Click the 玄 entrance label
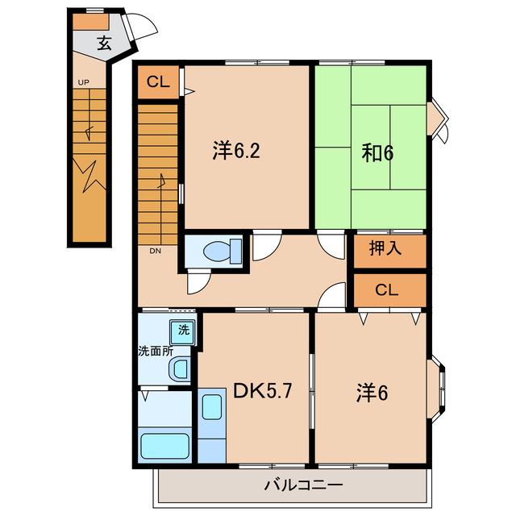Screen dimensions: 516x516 pyautogui.click(x=105, y=43)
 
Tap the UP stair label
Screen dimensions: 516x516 pyautogui.click(x=84, y=82)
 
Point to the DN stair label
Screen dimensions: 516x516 pyautogui.click(x=156, y=251)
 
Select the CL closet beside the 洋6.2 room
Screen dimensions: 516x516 pyautogui.click(x=158, y=82)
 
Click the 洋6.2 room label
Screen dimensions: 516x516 pyautogui.click(x=236, y=151)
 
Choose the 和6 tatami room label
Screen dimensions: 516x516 pyautogui.click(x=377, y=153)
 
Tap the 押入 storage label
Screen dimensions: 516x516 pyautogui.click(x=385, y=248)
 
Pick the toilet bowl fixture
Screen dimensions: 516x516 pyautogui.click(x=223, y=252)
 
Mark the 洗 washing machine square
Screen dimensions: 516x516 pyautogui.click(x=183, y=332)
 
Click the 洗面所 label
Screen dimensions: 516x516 pyautogui.click(x=156, y=352)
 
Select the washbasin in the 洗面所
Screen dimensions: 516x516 pyautogui.click(x=179, y=368)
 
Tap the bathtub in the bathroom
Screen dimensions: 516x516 pyautogui.click(x=164, y=446)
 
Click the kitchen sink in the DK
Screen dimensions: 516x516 pyautogui.click(x=211, y=407)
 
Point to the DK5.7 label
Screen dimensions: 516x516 pyautogui.click(x=263, y=391)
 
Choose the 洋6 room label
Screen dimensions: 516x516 pyautogui.click(x=372, y=393)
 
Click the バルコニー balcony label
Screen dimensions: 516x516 pyautogui.click(x=304, y=485)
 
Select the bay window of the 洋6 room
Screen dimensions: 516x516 pyautogui.click(x=437, y=389)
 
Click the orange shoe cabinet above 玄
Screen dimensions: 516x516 pyautogui.click(x=90, y=22)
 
